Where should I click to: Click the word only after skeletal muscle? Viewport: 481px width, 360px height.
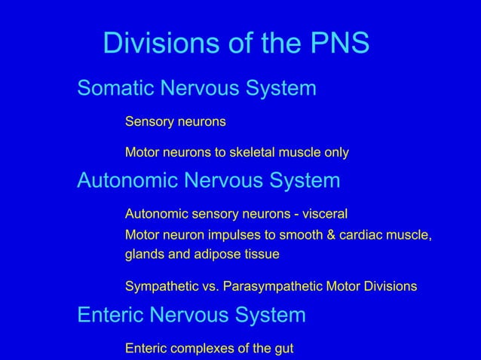coord(336,153)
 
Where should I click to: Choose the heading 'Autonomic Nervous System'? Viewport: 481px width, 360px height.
coord(209,181)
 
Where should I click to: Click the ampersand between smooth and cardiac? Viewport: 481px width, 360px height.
coord(331,236)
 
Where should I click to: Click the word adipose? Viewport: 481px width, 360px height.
coord(217,255)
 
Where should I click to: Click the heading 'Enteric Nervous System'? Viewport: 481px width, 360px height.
coord(191,315)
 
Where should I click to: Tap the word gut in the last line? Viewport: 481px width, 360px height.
coord(283,349)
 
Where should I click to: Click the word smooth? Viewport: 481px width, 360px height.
coord(301,236)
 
